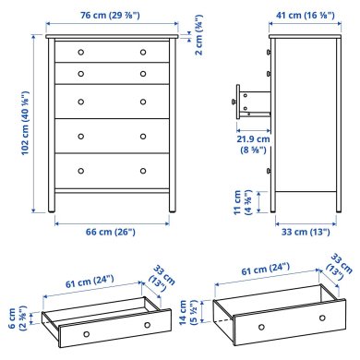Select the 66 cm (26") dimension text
[112, 232]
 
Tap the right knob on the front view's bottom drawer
[143, 170]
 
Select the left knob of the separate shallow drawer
[85, 330]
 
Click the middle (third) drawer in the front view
[112, 100]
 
